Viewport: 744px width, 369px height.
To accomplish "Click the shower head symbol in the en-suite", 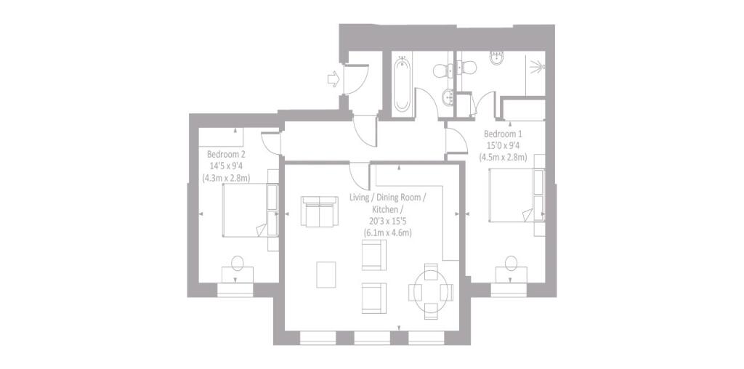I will click(x=538, y=68).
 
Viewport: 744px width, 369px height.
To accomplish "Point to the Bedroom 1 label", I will click(x=503, y=134).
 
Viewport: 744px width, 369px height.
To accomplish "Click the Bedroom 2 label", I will click(x=226, y=154).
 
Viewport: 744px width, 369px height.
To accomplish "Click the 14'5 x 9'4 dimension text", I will click(x=227, y=166).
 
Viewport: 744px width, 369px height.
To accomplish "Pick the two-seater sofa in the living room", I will click(x=318, y=212).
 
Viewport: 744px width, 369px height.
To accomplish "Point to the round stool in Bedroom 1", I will click(x=511, y=261).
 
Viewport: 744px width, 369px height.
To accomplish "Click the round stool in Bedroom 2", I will click(x=238, y=262).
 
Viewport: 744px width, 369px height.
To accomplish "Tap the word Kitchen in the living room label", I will click(x=388, y=209).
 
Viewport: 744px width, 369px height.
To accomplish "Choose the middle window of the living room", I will click(x=372, y=338).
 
